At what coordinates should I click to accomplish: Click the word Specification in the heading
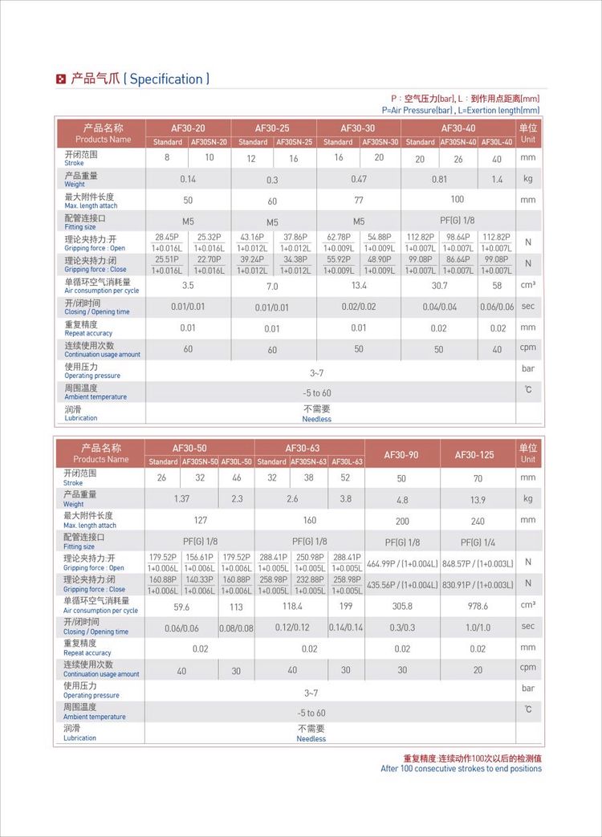pyautogui.click(x=166, y=79)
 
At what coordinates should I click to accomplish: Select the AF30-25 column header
pyautogui.click(x=273, y=128)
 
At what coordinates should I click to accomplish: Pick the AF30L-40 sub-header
pyautogui.click(x=497, y=142)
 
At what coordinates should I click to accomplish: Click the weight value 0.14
pyautogui.click(x=188, y=179)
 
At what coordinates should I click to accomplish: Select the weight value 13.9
pyautogui.click(x=478, y=499)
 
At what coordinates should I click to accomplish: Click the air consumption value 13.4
pyautogui.click(x=358, y=286)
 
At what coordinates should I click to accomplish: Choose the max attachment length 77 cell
pyautogui.click(x=358, y=200)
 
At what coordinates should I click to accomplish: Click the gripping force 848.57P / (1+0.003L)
pyautogui.click(x=478, y=563)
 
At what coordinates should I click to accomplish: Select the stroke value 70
pyautogui.click(x=478, y=478)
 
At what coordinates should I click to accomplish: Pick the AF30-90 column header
pyautogui.click(x=402, y=454)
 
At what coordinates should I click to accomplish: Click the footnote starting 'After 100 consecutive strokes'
pyautogui.click(x=461, y=769)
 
